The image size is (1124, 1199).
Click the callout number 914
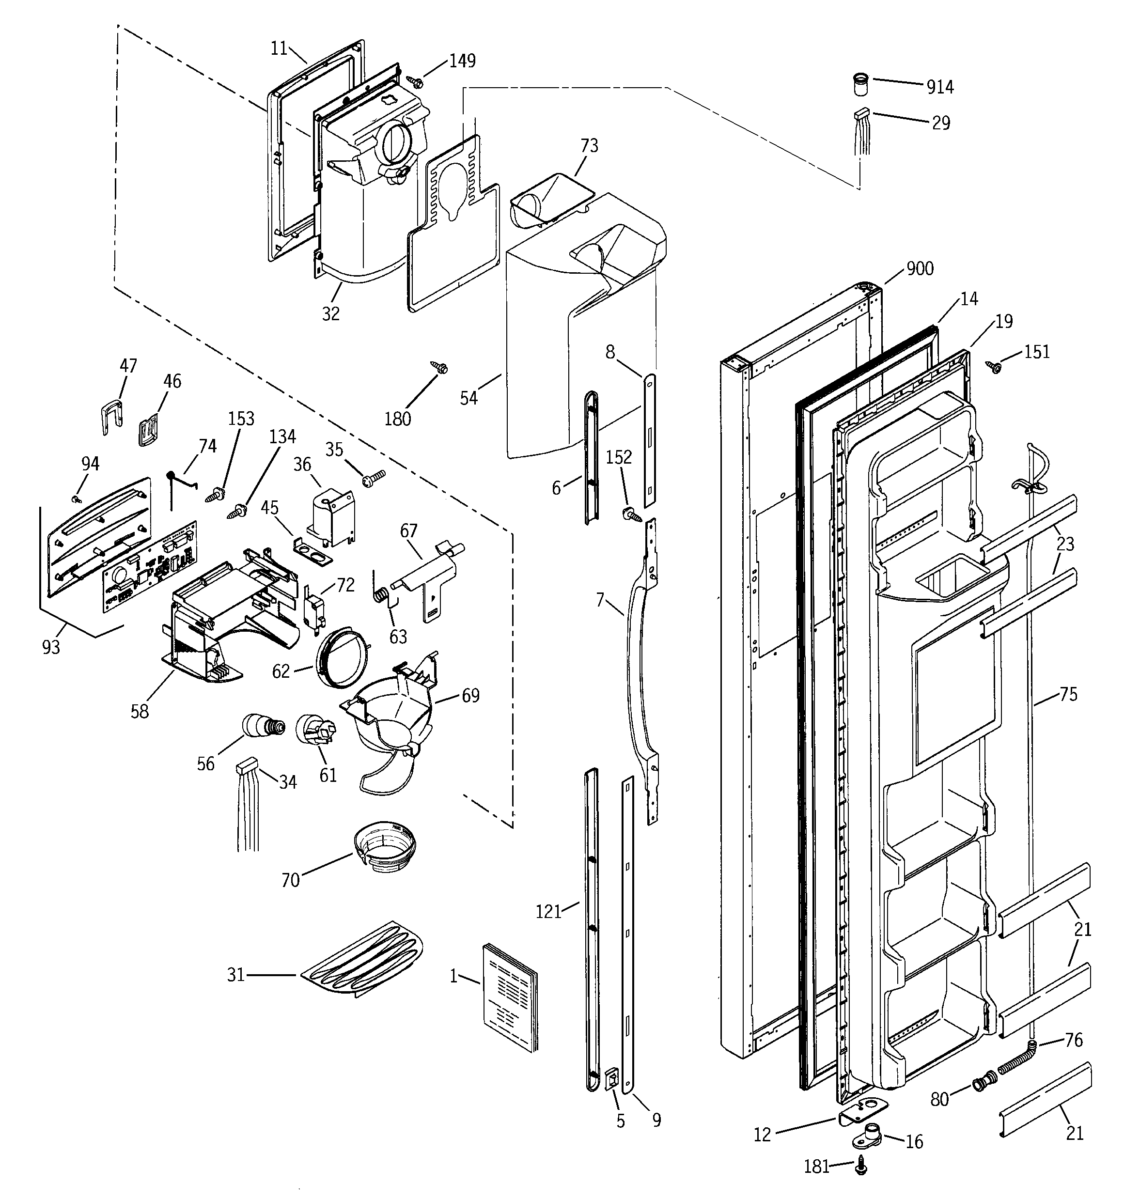[x=940, y=88]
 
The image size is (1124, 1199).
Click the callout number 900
[x=920, y=269]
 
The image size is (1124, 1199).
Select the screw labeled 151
[x=994, y=366]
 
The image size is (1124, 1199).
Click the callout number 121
[x=548, y=911]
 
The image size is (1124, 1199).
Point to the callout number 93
[x=51, y=647]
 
